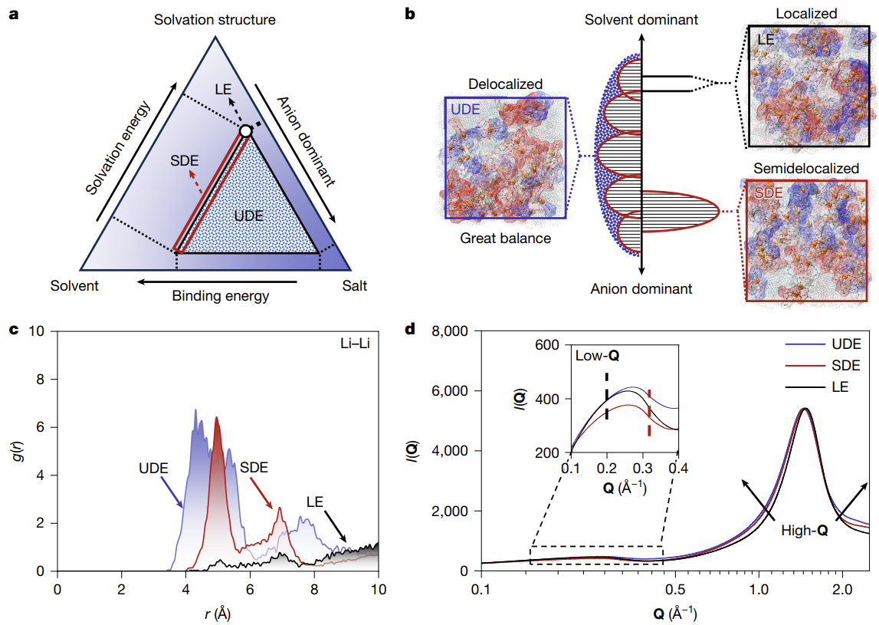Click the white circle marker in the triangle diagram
click(245, 131)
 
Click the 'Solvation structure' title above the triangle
click(215, 19)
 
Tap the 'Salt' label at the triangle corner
click(355, 286)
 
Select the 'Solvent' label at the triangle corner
click(74, 286)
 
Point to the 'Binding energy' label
click(221, 295)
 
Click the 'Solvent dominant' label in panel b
click(641, 19)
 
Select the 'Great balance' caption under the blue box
click(506, 238)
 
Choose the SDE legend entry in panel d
click(828, 365)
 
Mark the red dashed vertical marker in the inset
click(649, 413)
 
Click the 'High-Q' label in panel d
click(804, 530)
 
